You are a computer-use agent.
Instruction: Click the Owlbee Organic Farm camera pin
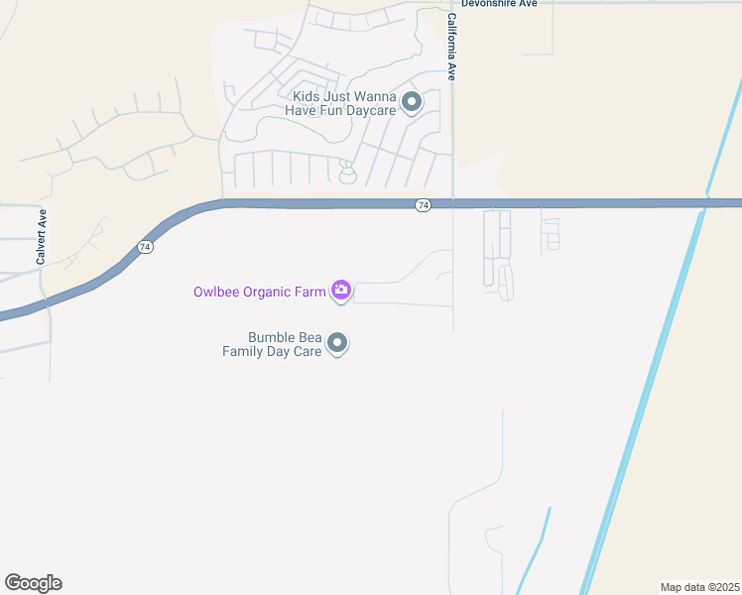click(x=341, y=291)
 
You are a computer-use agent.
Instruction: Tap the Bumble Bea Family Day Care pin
click(x=337, y=343)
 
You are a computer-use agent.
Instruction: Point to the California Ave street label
click(x=451, y=47)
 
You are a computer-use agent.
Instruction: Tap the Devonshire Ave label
click(x=499, y=4)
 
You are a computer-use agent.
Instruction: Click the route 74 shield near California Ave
click(x=424, y=204)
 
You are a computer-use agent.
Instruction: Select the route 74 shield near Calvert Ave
click(x=145, y=247)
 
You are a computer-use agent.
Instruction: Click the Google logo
click(x=33, y=583)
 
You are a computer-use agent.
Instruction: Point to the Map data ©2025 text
click(x=698, y=587)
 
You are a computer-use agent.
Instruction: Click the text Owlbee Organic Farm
click(x=259, y=292)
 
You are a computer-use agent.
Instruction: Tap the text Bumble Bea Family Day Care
click(x=272, y=344)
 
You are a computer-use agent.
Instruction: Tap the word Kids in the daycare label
click(x=308, y=96)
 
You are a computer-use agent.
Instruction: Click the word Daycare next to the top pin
click(x=370, y=110)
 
